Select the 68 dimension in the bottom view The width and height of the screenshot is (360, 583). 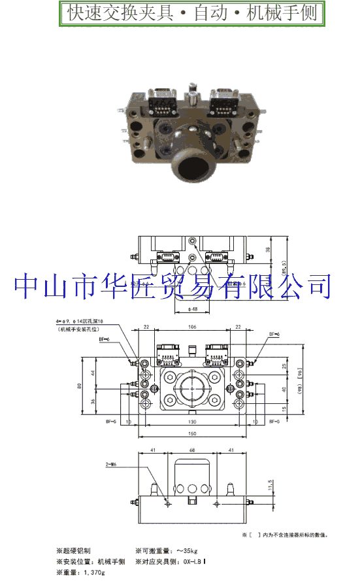[192, 450]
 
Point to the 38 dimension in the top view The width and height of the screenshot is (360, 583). [276, 250]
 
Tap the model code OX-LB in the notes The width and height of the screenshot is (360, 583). [194, 561]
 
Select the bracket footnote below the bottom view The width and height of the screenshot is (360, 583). [286, 535]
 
